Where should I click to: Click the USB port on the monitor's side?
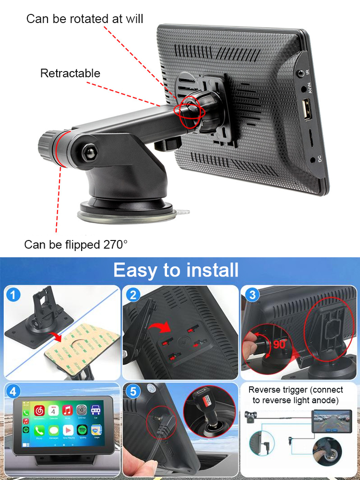click(305, 109)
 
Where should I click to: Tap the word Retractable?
click(70, 73)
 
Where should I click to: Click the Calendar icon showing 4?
click(54, 411)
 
